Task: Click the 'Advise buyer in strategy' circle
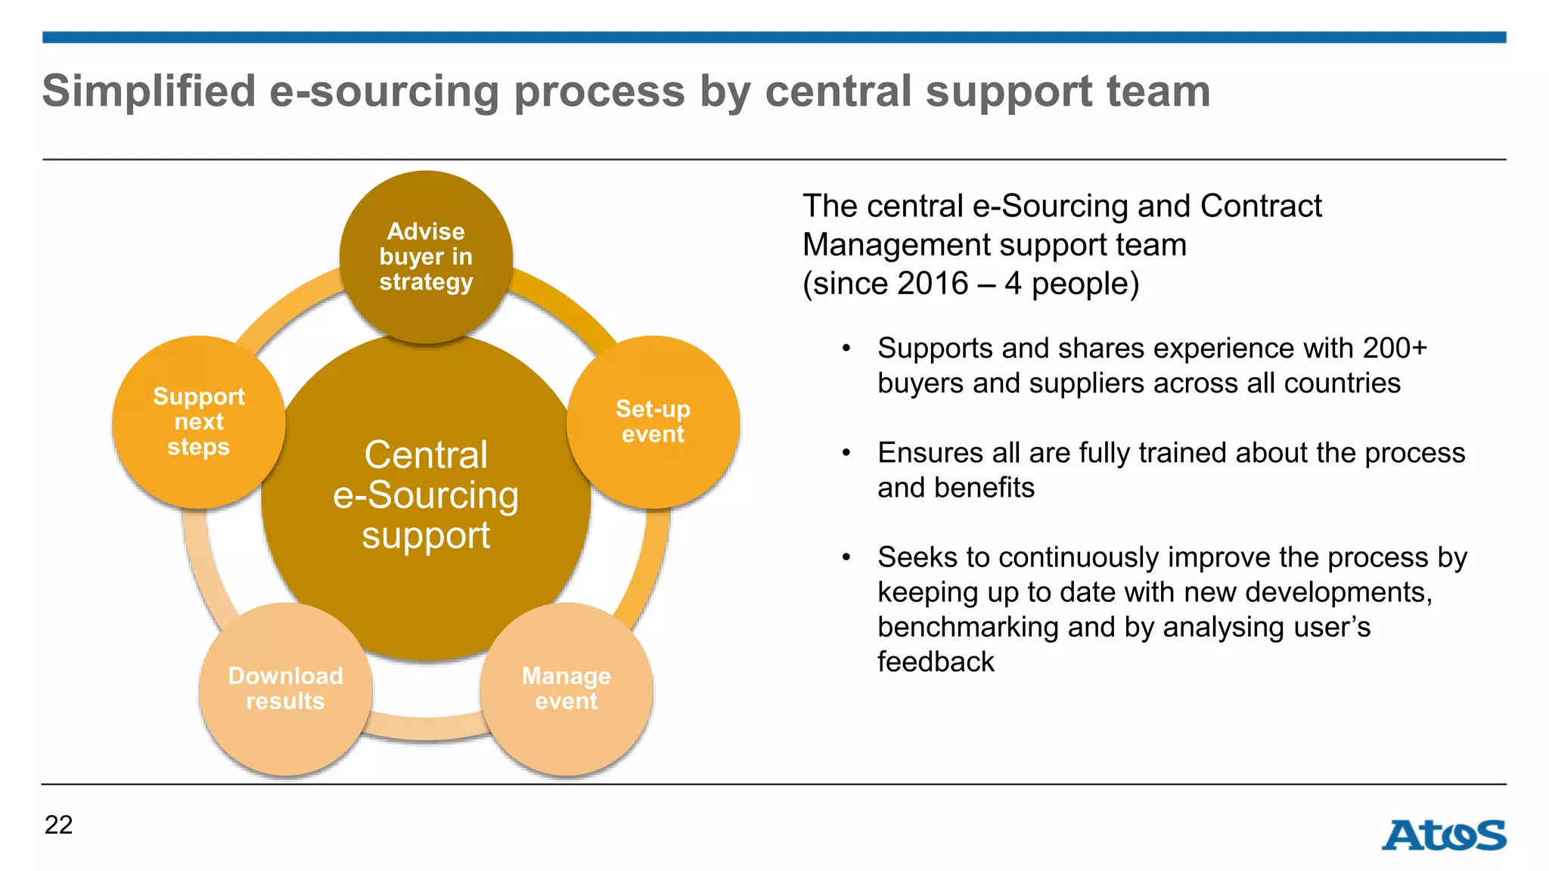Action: click(x=426, y=257)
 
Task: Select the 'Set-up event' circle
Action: click(x=653, y=422)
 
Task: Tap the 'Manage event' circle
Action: click(x=567, y=689)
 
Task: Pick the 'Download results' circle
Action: click(x=286, y=689)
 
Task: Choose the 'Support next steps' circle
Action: click(x=199, y=422)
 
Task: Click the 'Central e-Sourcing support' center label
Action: click(x=426, y=495)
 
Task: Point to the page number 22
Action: click(x=59, y=825)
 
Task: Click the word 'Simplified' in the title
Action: click(x=149, y=91)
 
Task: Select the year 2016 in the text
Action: click(x=933, y=284)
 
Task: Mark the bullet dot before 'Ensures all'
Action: click(x=846, y=453)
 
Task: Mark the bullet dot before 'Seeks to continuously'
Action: click(x=846, y=557)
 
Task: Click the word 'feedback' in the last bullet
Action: click(x=936, y=662)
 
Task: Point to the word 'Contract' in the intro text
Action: click(x=1261, y=206)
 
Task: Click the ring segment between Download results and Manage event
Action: click(x=426, y=727)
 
